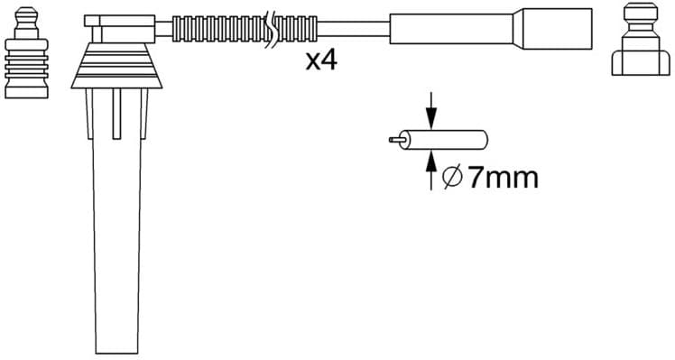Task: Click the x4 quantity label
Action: [x=321, y=61]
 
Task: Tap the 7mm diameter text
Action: [x=503, y=177]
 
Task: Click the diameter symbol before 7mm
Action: [x=453, y=178]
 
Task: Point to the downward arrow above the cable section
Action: [x=431, y=113]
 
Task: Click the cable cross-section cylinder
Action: [x=447, y=140]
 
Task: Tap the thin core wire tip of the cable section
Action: [x=393, y=140]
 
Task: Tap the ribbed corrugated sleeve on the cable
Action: [x=217, y=27]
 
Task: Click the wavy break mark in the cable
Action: [x=272, y=28]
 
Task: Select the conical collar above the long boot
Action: [x=118, y=68]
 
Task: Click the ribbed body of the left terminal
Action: [x=24, y=68]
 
